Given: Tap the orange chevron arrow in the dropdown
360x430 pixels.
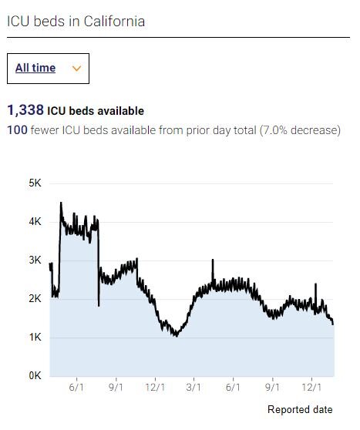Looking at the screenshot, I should click(x=76, y=69).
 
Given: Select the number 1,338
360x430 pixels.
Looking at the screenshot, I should click(x=25, y=111).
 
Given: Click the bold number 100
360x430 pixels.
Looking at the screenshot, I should click(x=17, y=130).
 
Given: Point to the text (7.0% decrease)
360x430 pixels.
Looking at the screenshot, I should click(x=301, y=130).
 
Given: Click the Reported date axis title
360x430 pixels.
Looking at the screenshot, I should click(x=300, y=409).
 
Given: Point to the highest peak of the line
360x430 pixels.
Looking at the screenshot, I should click(x=61, y=203).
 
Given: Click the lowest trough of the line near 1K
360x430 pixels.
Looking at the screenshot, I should click(x=176, y=336).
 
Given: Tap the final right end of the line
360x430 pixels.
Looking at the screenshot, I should click(x=333, y=324).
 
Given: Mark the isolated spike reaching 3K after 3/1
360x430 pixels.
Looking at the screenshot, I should click(x=213, y=260).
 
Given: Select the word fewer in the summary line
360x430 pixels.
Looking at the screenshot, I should click(x=47, y=130).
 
